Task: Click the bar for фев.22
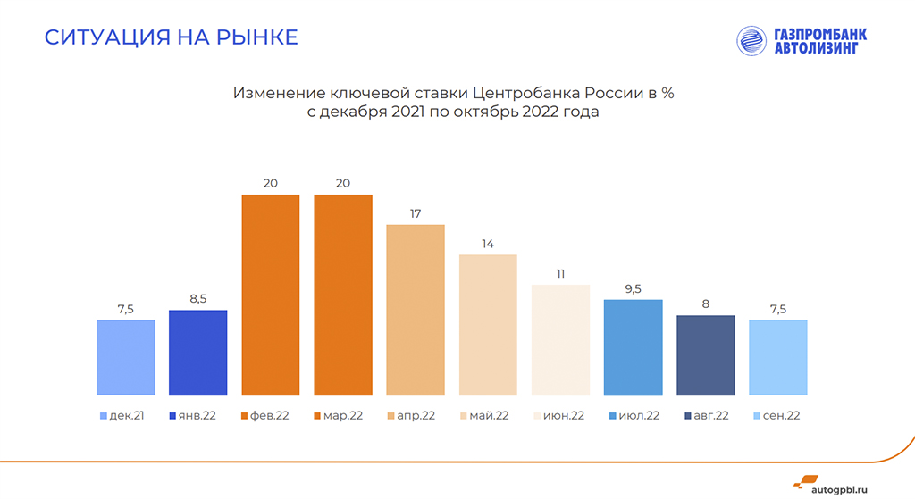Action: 271,295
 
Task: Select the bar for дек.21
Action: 126,357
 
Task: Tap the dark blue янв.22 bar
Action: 198,353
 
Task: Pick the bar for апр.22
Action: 416,310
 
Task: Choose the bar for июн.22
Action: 560,339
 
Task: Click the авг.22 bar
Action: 706,355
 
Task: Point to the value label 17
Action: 416,214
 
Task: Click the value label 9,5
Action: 633,288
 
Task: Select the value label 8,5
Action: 198,299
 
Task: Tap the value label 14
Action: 488,244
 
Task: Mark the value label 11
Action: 560,274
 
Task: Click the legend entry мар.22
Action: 340,416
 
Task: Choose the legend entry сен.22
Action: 776,416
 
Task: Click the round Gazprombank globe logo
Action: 752,42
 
